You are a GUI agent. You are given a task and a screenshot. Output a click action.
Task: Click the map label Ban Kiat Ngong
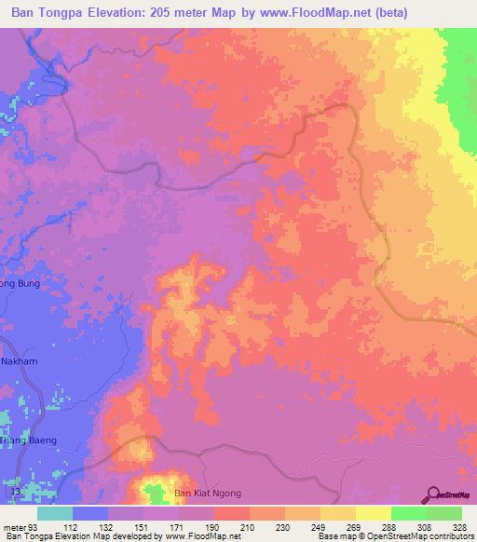point(208,493)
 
